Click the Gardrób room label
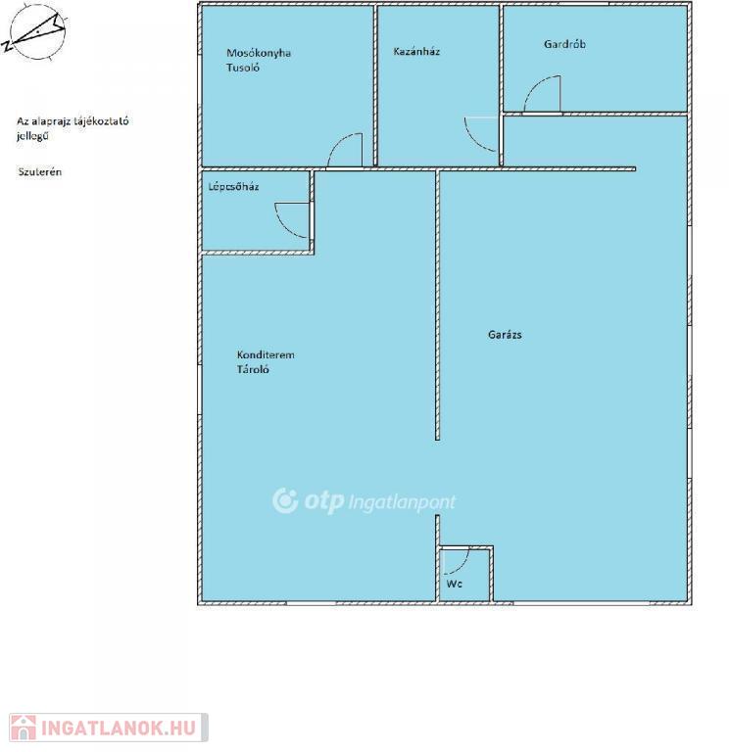[x=564, y=44]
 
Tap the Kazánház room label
[x=416, y=51]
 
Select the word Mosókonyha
[x=259, y=53]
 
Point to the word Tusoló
[x=243, y=68]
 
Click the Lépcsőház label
[x=233, y=187]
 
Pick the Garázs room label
[x=505, y=335]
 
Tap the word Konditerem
[x=266, y=354]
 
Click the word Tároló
[x=253, y=369]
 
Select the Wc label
[x=454, y=584]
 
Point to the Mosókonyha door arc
[x=336, y=142]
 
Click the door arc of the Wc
[x=463, y=566]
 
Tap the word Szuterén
[x=40, y=171]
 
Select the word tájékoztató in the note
[x=101, y=121]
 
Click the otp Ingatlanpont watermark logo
[x=364, y=501]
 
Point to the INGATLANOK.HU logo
[x=109, y=728]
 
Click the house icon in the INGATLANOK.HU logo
[x=24, y=728]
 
